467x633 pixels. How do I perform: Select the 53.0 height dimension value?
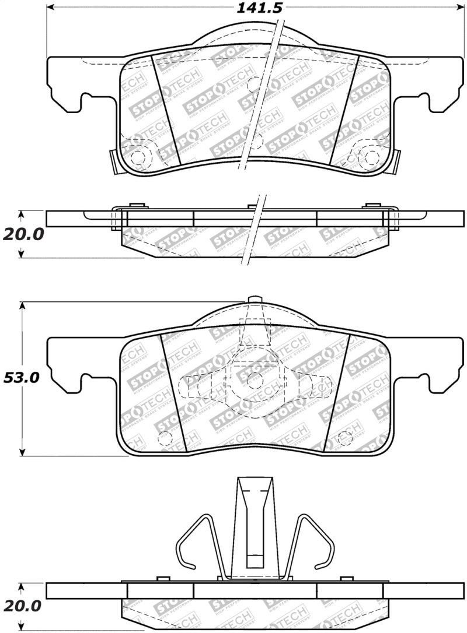(21, 378)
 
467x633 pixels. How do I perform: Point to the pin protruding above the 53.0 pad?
(254, 300)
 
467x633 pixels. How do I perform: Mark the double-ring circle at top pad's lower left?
(138, 156)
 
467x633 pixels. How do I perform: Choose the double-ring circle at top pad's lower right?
(370, 156)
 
